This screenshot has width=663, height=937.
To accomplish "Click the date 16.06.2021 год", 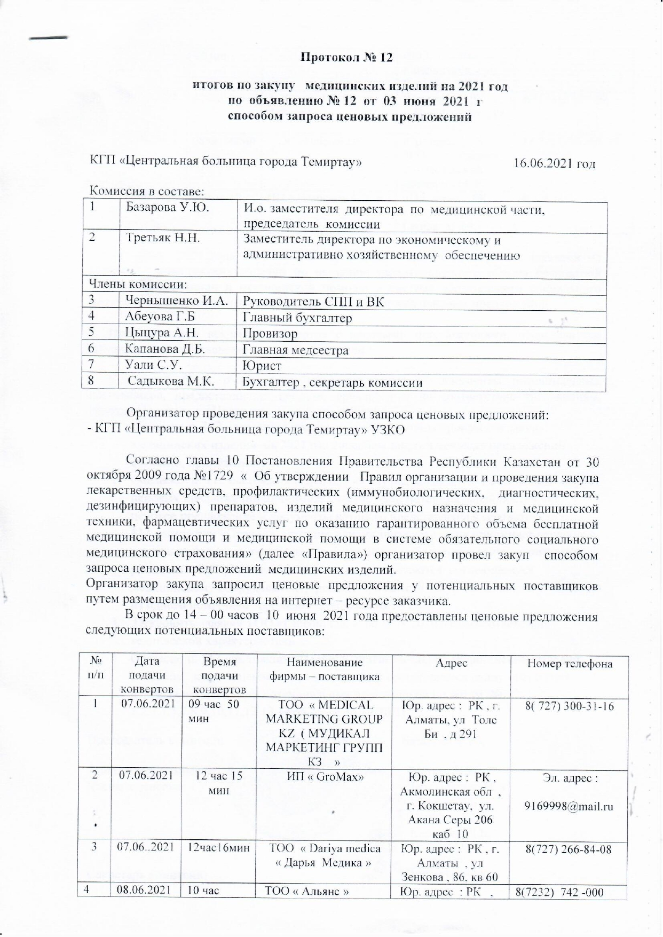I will coord(554,163).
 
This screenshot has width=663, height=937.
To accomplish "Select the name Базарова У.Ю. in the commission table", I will coord(167,208).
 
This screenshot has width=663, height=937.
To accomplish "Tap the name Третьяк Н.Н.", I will coord(163,238).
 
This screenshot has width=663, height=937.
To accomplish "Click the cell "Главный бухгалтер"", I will coord(297,318).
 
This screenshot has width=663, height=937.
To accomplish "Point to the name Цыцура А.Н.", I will coord(162,333).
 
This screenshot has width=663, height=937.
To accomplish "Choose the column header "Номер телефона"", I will coord(570,664).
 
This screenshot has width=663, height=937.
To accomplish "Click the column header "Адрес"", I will coord(452,663).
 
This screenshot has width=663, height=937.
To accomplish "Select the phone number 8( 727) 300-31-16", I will coord(570,706).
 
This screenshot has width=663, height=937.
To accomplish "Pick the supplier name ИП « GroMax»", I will coord(325,777).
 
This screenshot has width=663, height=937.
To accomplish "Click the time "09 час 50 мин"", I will coord(214,710).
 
